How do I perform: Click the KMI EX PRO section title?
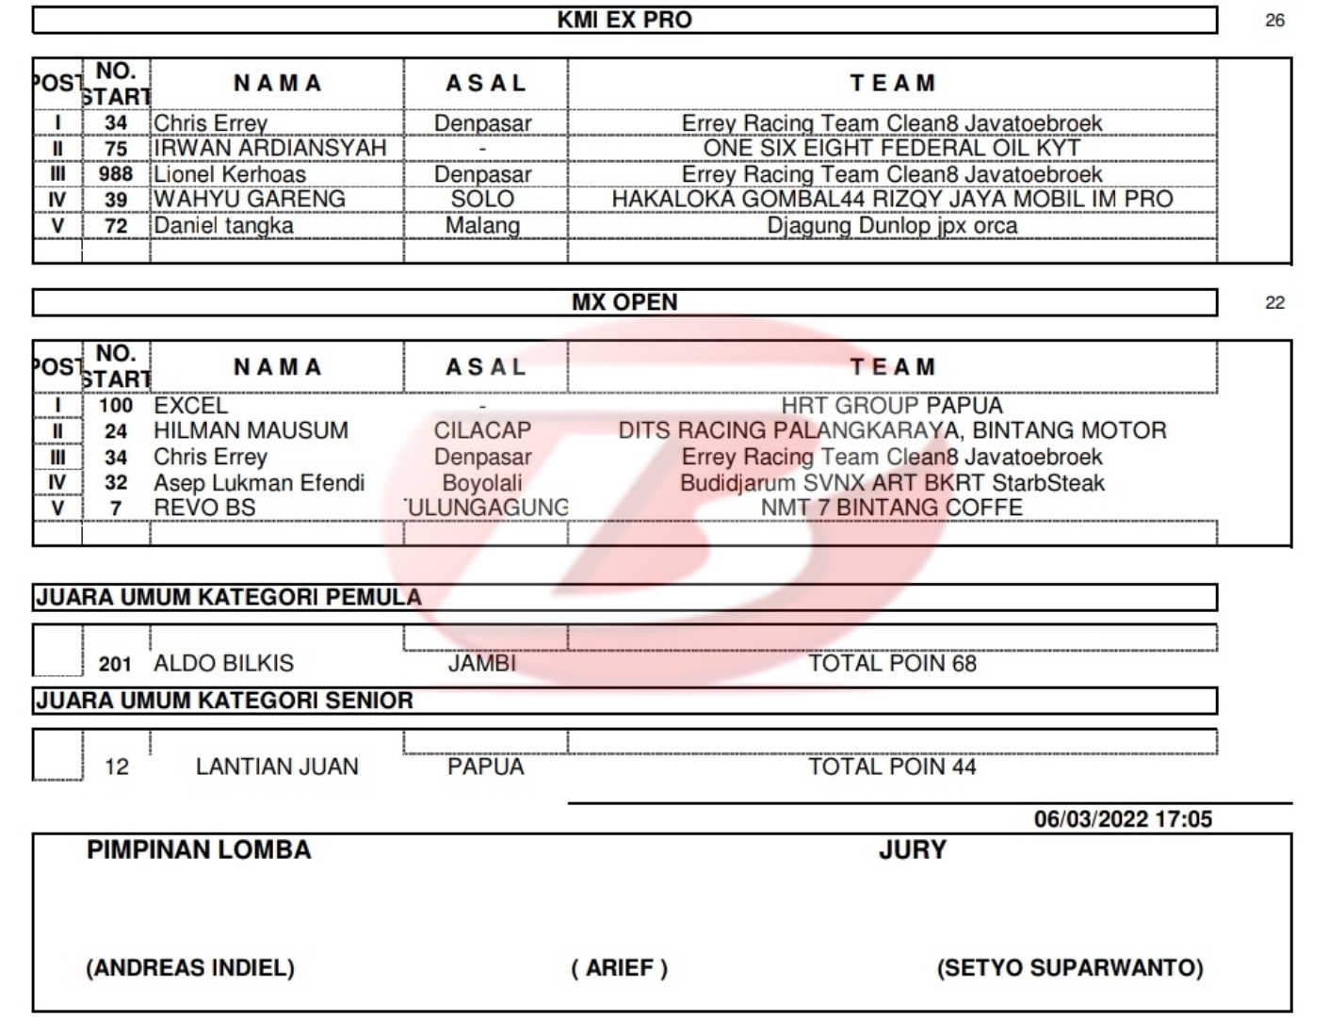[624, 20]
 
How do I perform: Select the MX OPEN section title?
[624, 302]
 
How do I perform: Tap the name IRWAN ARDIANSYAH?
[269, 148]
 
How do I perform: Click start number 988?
[116, 174]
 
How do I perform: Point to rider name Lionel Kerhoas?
[230, 174]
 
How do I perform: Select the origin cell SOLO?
[482, 200]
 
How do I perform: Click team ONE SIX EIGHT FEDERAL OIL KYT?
[891, 148]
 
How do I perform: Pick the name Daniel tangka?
[223, 226]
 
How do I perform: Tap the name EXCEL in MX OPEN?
[190, 406]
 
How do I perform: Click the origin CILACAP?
[482, 430]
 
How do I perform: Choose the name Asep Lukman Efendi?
[259, 483]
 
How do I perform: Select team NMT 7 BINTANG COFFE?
[891, 508]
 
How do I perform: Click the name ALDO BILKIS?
[223, 663]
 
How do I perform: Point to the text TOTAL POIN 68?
[891, 663]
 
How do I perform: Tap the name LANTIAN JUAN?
[277, 767]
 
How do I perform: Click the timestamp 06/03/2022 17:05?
[1123, 819]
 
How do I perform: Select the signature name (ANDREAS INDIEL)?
[190, 968]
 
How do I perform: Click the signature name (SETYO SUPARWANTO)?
[1069, 968]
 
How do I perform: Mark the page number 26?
[1274, 21]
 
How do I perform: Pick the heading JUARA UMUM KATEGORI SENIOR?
[224, 701]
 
